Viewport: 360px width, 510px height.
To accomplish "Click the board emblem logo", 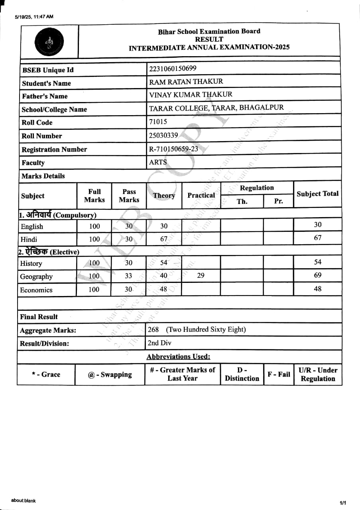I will click(49, 42).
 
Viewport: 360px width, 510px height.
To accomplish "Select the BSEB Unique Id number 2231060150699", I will click(173, 69).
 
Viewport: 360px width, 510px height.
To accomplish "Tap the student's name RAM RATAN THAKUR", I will click(186, 82).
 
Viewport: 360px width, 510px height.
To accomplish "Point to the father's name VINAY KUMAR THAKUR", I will click(191, 95).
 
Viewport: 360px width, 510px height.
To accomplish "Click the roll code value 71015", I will click(158, 122).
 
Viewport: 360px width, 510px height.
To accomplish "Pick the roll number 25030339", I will click(163, 135).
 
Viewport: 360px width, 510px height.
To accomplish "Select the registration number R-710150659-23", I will click(173, 149).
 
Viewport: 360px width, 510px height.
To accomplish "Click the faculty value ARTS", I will click(158, 162).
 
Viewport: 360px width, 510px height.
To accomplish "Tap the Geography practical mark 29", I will click(201, 275).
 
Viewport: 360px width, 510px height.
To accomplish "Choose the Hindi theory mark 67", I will click(164, 239).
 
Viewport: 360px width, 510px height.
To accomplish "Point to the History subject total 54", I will click(318, 262).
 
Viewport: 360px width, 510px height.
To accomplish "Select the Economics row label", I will click(36, 290).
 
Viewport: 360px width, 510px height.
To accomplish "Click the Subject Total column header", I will click(317, 194).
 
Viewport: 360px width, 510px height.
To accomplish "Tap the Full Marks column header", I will click(94, 196).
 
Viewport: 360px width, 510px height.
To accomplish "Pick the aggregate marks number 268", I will click(153, 330).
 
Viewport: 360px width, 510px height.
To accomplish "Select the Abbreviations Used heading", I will click(178, 357).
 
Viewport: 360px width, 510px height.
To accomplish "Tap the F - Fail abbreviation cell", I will click(279, 375).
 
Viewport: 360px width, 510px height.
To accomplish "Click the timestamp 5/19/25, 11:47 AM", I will click(34, 17).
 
